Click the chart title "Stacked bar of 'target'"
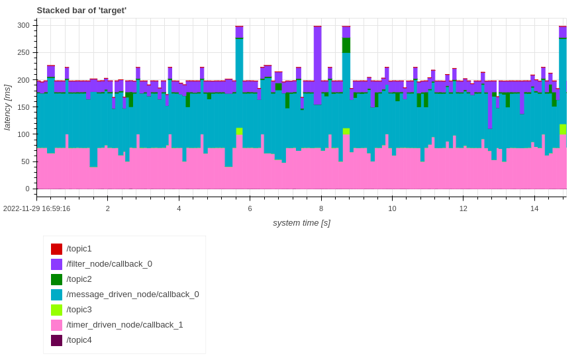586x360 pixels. pyautogui.click(x=81, y=10)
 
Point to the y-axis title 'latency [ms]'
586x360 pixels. pyautogui.click(x=8, y=107)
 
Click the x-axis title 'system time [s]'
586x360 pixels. pyautogui.click(x=301, y=223)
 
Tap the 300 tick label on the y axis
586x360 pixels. pyautogui.click(x=23, y=25)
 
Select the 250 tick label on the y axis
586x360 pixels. pyautogui.click(x=23, y=52)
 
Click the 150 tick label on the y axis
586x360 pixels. pyautogui.click(x=23, y=107)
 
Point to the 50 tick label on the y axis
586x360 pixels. pyautogui.click(x=25, y=161)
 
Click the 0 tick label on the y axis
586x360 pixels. pyautogui.click(x=27, y=189)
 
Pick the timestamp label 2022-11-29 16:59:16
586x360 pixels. pyautogui.click(x=37, y=208)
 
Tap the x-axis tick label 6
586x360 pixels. pyautogui.click(x=250, y=208)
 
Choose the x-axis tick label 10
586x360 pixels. pyautogui.click(x=392, y=208)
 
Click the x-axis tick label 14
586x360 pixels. pyautogui.click(x=534, y=208)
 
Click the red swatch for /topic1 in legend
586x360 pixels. pyautogui.click(x=57, y=249)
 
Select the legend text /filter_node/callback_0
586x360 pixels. pyautogui.click(x=109, y=264)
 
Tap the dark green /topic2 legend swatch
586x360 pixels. pyautogui.click(x=57, y=279)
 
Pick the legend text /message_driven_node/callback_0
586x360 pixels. pyautogui.click(x=132, y=294)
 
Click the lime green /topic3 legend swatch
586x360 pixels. pyautogui.click(x=57, y=310)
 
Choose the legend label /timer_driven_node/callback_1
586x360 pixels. pyautogui.click(x=124, y=325)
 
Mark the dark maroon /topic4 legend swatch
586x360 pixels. pyautogui.click(x=57, y=340)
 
